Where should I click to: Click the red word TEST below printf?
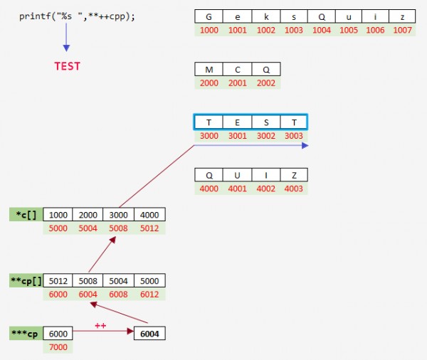68,66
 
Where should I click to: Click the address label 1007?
402,31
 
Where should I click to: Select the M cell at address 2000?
209,69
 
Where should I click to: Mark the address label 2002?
266,83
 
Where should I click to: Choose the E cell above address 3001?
237,122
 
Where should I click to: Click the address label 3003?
293,136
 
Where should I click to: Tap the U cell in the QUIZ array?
237,174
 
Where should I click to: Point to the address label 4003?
293,189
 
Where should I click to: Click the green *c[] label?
26,214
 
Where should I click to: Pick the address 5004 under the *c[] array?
89,228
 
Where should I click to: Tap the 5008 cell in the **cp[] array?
89,280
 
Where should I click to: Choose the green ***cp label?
25,333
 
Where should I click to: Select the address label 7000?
58,347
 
